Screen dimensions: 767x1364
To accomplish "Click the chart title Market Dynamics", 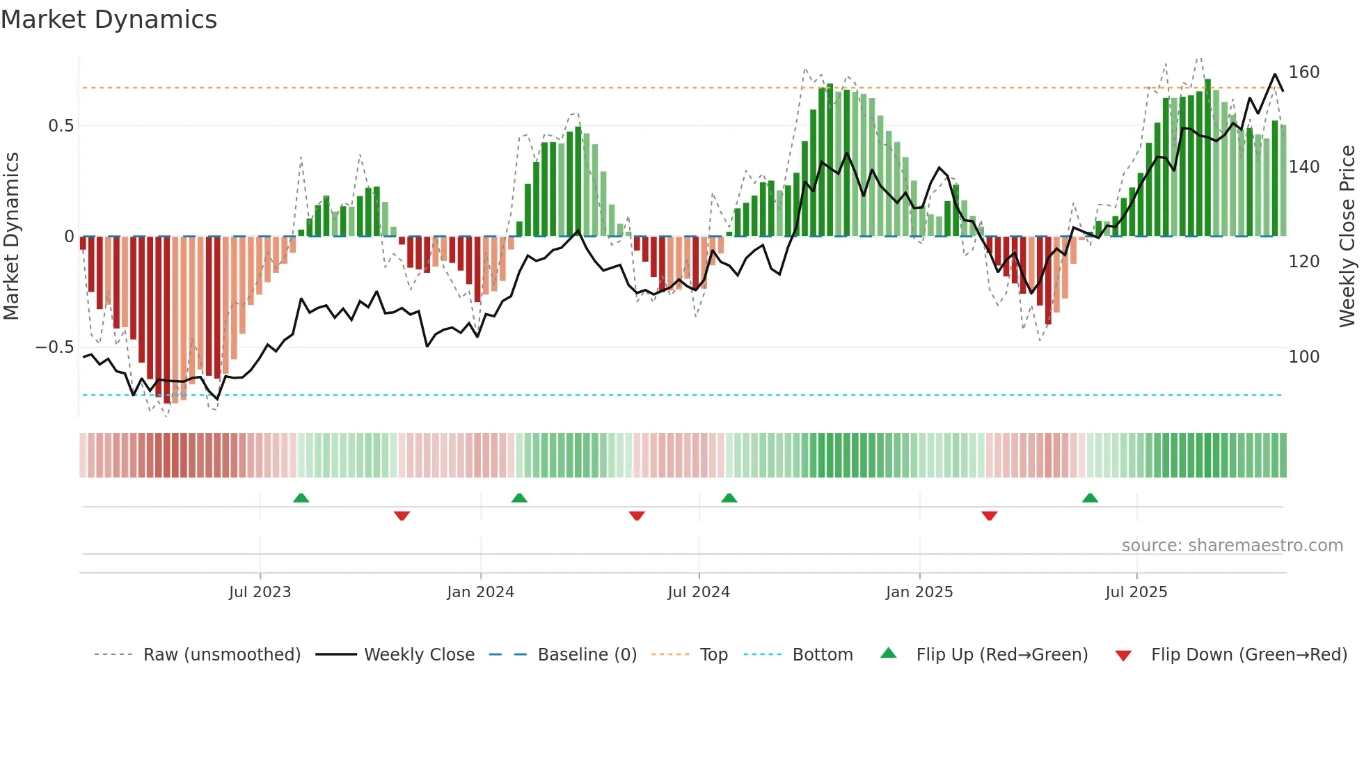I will (109, 19).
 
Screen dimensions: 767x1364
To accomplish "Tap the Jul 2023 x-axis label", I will (260, 592).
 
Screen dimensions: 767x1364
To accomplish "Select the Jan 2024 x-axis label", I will (480, 592).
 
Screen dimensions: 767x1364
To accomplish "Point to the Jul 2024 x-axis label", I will (699, 592).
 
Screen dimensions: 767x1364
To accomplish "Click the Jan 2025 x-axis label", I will (919, 592).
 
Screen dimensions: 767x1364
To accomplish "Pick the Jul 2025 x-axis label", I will (1136, 592).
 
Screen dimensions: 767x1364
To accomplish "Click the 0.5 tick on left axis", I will (61, 126).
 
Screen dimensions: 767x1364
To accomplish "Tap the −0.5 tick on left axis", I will (55, 347).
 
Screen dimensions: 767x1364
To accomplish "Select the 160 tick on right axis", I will (1304, 72).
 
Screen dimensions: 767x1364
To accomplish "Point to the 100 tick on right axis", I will (1304, 357).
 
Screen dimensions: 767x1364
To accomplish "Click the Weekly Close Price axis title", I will (1348, 237).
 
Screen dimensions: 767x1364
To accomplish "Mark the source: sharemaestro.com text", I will (1232, 546).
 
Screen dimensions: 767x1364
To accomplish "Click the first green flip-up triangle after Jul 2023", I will (301, 498).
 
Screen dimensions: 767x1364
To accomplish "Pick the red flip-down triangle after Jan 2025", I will (989, 516).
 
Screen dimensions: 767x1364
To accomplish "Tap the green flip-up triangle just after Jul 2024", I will (729, 498).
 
